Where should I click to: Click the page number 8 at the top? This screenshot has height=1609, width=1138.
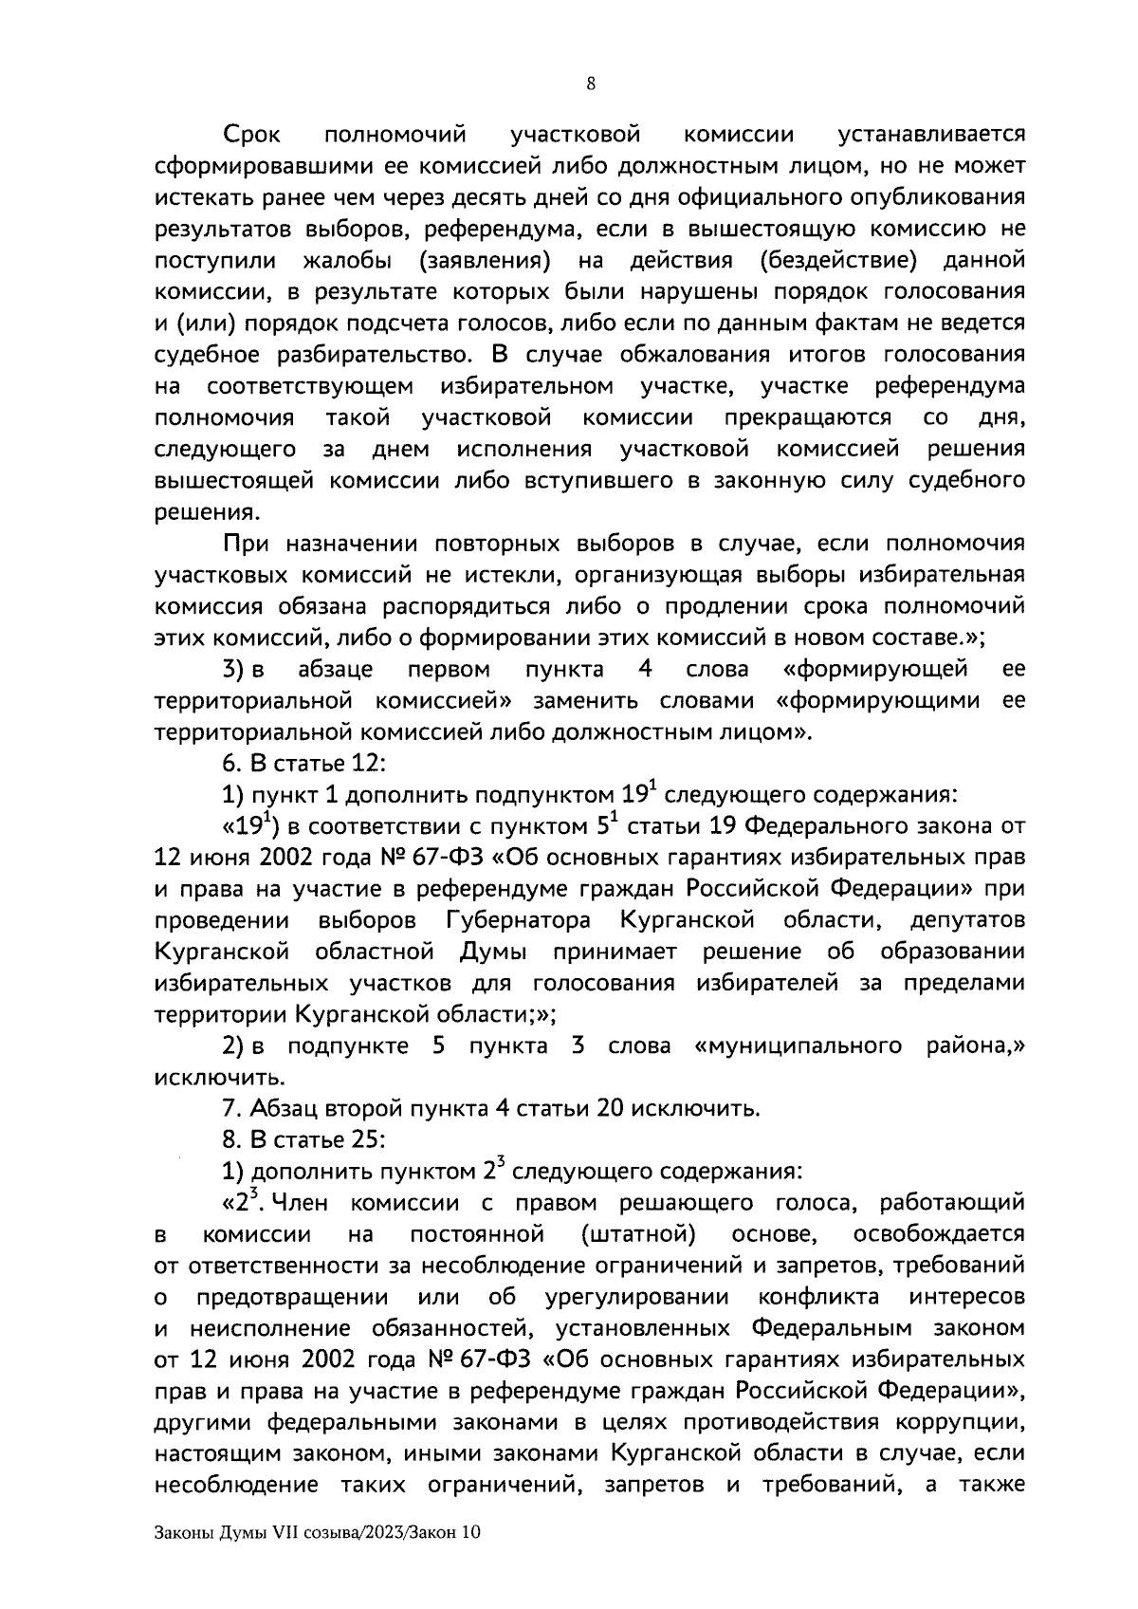[591, 84]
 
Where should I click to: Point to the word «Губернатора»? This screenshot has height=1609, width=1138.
[517, 920]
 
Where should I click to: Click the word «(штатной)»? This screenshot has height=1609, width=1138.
[636, 1234]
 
